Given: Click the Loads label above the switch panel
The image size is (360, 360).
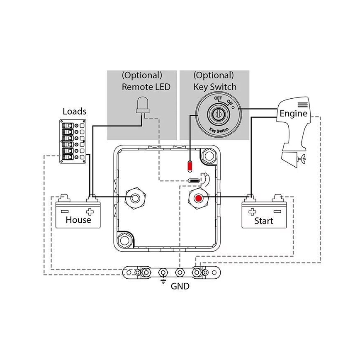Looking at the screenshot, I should point(75,111).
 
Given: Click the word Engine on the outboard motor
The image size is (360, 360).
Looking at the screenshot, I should point(293,113).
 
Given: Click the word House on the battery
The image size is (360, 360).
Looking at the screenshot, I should point(78,220).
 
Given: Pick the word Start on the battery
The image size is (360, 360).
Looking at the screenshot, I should point(264,221).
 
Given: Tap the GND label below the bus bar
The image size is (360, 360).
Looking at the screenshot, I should point(180,286).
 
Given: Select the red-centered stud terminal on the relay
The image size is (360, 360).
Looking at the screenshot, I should point(198,198).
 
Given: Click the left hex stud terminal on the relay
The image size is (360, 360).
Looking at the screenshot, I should point(134,197).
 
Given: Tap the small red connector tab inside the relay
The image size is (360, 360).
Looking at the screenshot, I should point(190,167).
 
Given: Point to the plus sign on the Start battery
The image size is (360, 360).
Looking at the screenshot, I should point(251,211).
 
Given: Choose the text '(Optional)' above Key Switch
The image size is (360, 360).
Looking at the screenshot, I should point(214,75).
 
